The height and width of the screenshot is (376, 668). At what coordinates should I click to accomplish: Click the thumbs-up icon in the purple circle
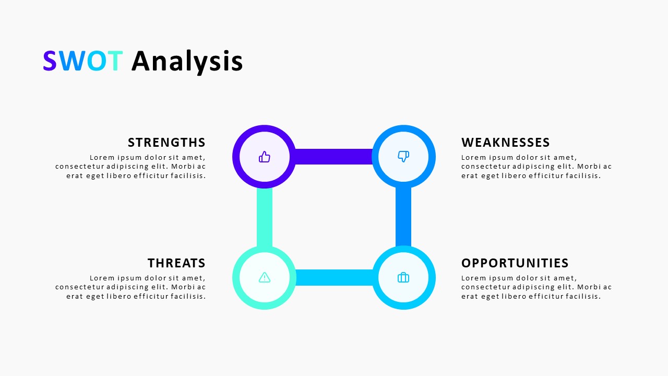(x=265, y=157)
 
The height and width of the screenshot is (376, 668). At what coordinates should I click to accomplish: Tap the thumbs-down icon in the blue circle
(x=403, y=156)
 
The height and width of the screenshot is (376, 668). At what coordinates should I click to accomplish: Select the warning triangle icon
(x=265, y=277)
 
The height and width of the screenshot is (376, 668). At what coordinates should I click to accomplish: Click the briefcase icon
(x=403, y=277)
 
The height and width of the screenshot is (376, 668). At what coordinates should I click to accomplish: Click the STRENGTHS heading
(x=166, y=143)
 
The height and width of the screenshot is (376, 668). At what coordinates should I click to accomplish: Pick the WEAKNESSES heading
(x=505, y=143)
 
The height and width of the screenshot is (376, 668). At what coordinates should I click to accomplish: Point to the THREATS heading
(x=176, y=263)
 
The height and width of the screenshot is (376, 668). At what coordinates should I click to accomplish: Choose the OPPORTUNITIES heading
(x=515, y=263)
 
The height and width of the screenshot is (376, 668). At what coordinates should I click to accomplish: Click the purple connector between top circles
(x=334, y=157)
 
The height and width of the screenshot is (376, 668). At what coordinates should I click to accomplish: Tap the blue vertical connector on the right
(x=403, y=217)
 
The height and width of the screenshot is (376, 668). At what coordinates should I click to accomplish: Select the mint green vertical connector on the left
(x=265, y=217)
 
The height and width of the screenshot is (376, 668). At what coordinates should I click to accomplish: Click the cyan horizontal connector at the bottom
(x=334, y=277)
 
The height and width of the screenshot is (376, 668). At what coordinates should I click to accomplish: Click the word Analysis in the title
(x=187, y=62)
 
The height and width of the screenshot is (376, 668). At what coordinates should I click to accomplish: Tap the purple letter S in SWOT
(x=50, y=62)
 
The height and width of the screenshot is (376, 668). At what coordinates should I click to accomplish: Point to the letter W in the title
(x=71, y=62)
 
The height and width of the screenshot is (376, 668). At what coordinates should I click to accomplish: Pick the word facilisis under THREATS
(x=188, y=296)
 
